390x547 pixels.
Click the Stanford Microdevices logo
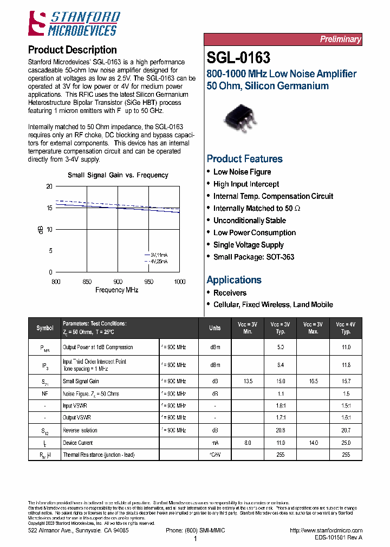[74, 24]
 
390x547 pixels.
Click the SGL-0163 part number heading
[238, 57]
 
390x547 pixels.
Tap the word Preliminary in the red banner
[340, 39]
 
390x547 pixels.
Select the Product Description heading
[72, 50]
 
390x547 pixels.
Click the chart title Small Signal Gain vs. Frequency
[118, 175]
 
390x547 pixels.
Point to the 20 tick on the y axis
[49, 186]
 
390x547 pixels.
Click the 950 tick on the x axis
[149, 282]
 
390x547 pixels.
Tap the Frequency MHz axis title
[117, 290]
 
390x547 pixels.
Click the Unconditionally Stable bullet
[249, 221]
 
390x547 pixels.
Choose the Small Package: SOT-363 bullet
[253, 257]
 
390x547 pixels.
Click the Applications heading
[234, 280]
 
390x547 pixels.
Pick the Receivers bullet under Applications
[230, 293]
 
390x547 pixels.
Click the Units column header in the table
[215, 328]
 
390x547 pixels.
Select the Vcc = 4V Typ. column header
[346, 328]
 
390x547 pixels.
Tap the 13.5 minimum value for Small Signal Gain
[248, 381]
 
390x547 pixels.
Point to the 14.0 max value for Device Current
[313, 443]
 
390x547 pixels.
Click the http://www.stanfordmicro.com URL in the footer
[326, 531]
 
